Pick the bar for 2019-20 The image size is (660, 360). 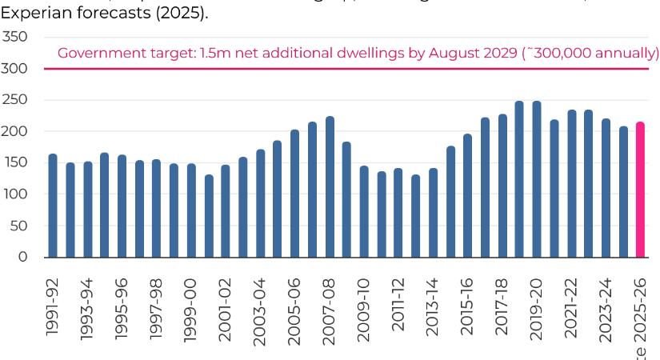click(x=537, y=179)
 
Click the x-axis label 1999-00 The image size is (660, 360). click(x=190, y=312)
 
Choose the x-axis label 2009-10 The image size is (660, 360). click(x=363, y=312)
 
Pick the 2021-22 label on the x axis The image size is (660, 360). click(x=570, y=312)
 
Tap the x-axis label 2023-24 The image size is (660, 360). click(x=606, y=312)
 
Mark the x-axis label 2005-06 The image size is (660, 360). click(x=294, y=312)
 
